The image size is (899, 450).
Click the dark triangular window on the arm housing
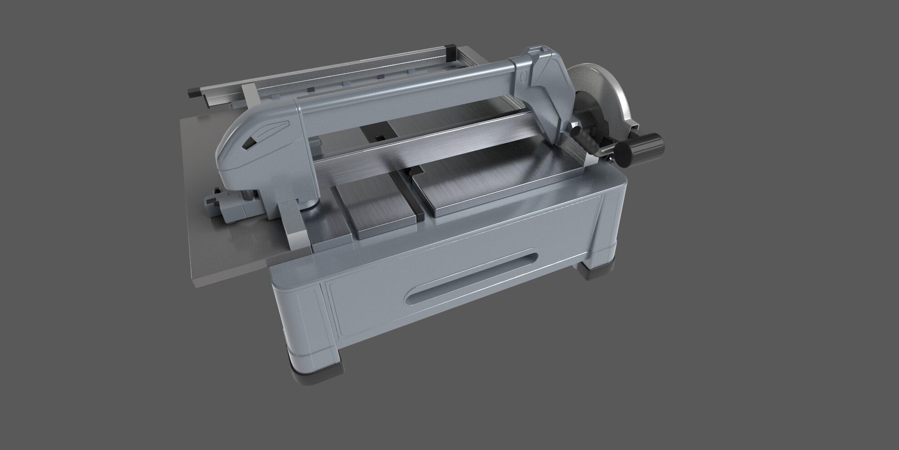(x=249, y=143)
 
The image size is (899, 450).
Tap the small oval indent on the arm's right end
(x=523, y=76)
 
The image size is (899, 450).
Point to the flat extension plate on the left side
(x=218, y=237)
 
